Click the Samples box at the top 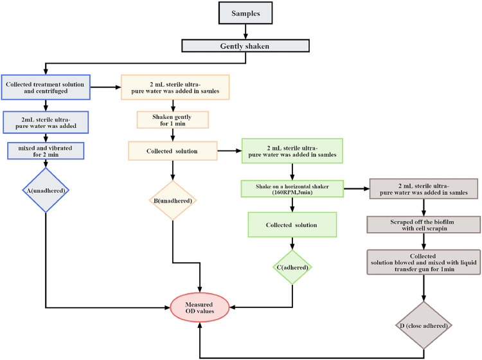tap(245, 13)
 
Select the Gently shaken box tap(245, 46)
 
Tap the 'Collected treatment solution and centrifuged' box tap(46, 87)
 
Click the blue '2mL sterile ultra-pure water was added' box tap(46, 122)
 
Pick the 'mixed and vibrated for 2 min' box tap(46, 150)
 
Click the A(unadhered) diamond tap(46, 190)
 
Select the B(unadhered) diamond tap(173, 201)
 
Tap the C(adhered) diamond tap(292, 267)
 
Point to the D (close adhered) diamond tap(424, 325)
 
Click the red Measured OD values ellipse tap(200, 307)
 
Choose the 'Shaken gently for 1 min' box tap(172, 120)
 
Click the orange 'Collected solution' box tap(173, 151)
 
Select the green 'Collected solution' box tap(292, 225)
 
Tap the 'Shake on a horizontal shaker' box tap(292, 189)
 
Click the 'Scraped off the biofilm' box tap(424, 225)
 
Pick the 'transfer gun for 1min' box tap(424, 262)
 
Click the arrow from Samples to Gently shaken tap(245, 32)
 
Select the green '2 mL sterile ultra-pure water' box tap(292, 151)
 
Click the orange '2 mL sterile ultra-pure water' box tap(175, 87)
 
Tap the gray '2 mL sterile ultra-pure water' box tap(424, 189)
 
